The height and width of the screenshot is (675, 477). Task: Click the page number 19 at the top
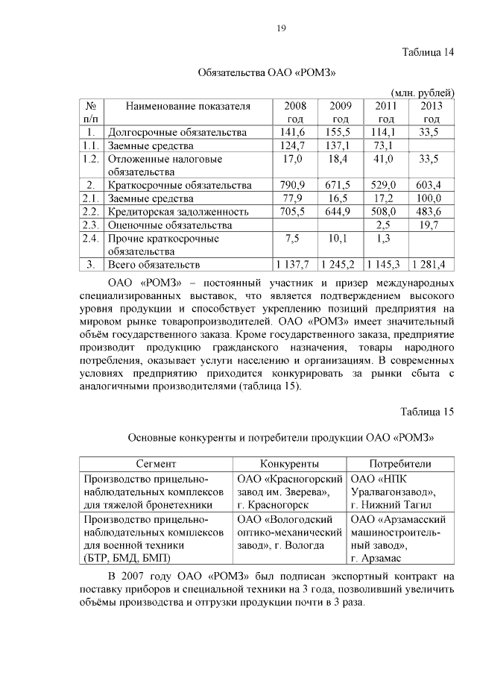pyautogui.click(x=281, y=28)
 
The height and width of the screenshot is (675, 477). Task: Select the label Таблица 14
pyautogui.click(x=427, y=53)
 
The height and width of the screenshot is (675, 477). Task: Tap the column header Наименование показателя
pyautogui.click(x=188, y=106)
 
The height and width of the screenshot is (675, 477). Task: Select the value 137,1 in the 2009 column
pyautogui.click(x=340, y=145)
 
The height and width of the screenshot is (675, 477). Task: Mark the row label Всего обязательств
pyautogui.click(x=154, y=265)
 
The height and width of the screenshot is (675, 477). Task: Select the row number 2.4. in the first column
pyautogui.click(x=92, y=239)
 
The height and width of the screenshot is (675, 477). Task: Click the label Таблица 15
pyautogui.click(x=427, y=411)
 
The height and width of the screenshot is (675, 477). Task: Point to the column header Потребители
pyautogui.click(x=400, y=463)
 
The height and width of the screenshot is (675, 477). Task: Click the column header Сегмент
pyautogui.click(x=156, y=463)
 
